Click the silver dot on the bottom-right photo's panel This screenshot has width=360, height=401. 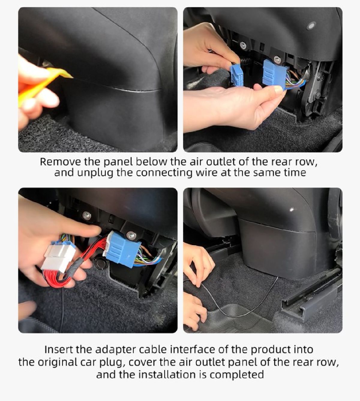(x=292, y=210)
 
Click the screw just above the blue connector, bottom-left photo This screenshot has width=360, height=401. (x=131, y=235)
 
